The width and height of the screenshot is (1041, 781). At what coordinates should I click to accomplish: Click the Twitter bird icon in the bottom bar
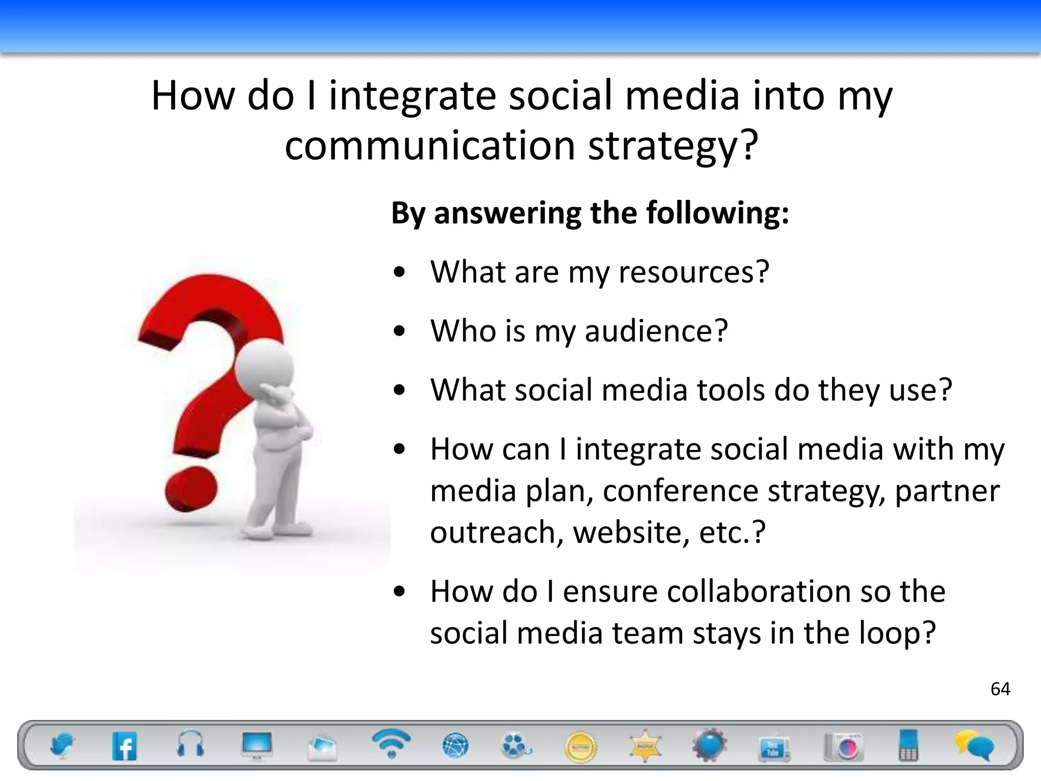click(62, 746)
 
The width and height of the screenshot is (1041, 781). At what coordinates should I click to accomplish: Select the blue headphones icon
click(191, 745)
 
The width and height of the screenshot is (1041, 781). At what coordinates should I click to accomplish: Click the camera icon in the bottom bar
click(843, 746)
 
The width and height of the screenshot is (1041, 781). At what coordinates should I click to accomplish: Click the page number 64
click(1000, 689)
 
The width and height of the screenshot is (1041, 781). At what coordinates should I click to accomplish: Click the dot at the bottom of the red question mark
click(191, 489)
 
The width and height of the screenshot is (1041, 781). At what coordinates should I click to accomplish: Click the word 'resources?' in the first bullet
click(694, 272)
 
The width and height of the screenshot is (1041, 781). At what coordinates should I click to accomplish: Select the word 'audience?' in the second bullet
click(656, 331)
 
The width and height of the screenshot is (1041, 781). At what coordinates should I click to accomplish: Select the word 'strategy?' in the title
click(673, 146)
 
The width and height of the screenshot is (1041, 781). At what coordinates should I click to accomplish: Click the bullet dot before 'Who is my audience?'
click(400, 332)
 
